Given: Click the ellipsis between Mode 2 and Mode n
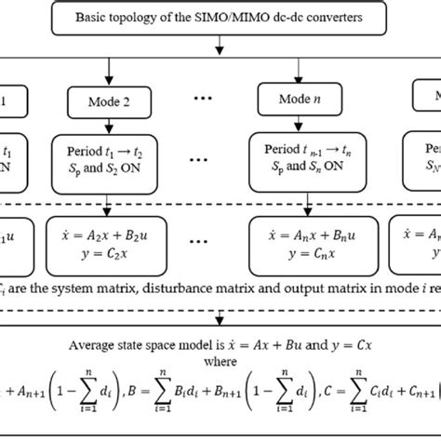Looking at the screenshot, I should pos(202,99).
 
